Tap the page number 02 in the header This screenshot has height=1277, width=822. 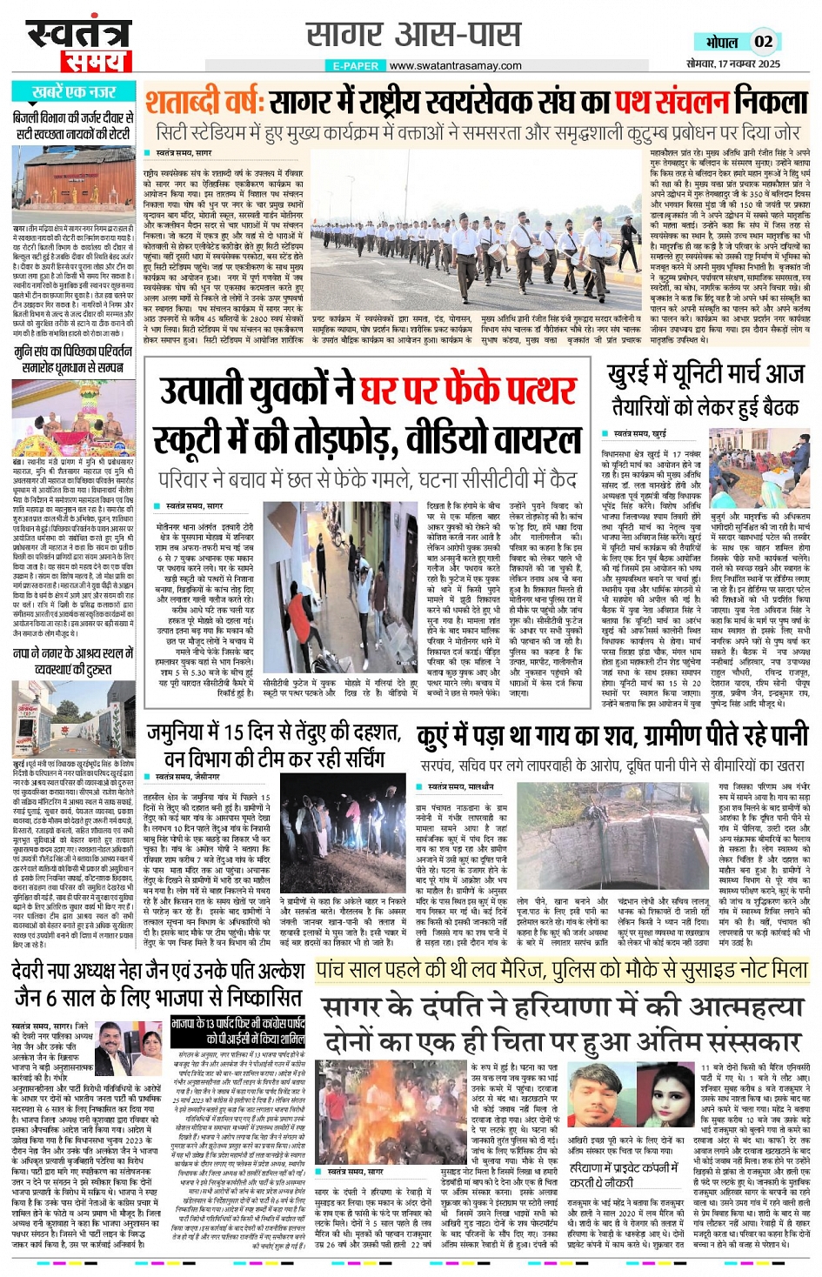[x=763, y=41]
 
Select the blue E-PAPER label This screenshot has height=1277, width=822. [x=356, y=66]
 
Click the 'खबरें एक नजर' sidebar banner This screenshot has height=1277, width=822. [x=73, y=92]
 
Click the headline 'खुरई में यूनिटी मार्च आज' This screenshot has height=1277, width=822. [x=705, y=374]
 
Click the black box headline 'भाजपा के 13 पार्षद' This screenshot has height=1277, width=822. [x=238, y=1031]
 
